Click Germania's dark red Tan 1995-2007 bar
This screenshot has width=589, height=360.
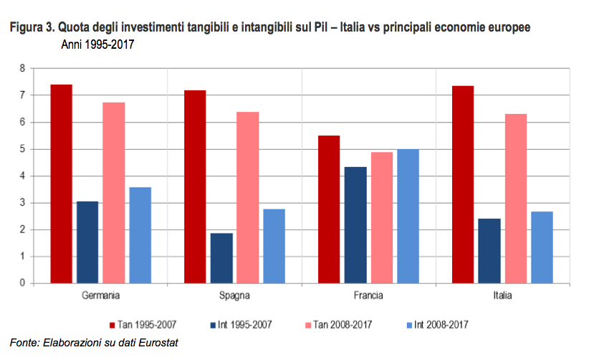point(61,184)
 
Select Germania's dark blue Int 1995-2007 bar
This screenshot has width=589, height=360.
point(87,242)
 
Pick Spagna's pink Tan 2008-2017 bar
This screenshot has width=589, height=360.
point(247,197)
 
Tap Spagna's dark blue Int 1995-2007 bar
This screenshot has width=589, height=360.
point(221,257)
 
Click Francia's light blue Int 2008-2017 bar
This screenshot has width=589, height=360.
point(408,216)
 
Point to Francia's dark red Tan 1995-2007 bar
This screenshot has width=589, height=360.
point(328,209)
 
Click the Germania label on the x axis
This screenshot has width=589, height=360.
point(100,295)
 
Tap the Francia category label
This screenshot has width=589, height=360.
point(368,295)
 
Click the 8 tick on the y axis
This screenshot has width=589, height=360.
point(22,68)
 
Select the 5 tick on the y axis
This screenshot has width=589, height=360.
point(22,149)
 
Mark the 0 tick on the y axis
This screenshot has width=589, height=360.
point(22,283)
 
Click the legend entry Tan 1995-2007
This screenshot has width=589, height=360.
point(147,324)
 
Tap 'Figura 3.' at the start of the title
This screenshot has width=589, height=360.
point(31,29)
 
